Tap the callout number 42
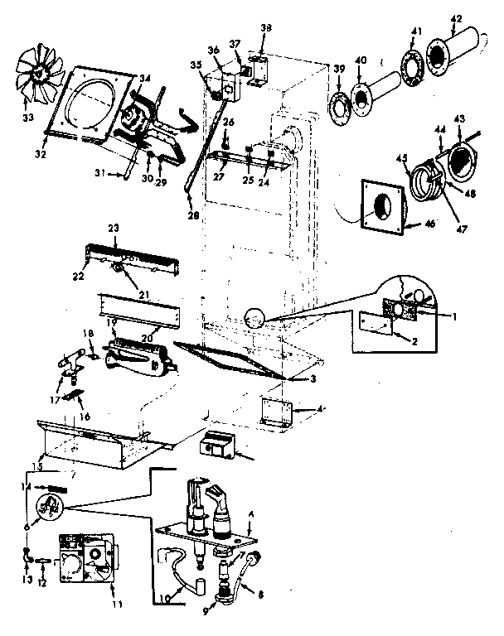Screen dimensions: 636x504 click(x=456, y=20)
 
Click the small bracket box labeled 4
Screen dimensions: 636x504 click(x=275, y=412)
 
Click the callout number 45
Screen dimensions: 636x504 click(x=403, y=160)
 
